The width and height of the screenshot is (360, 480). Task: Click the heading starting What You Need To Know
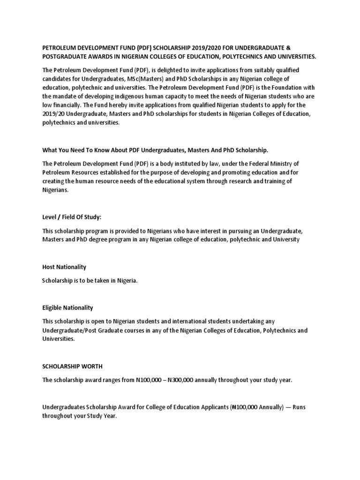click(155, 150)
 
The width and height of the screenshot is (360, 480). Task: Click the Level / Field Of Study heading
click(72, 217)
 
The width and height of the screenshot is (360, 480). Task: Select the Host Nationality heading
click(64, 267)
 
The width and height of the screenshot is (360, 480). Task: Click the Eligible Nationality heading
click(67, 307)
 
